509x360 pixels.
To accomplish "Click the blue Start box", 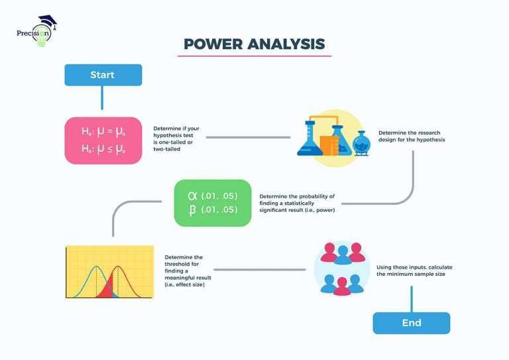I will point(103,75).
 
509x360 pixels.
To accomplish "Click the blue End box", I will point(411,323).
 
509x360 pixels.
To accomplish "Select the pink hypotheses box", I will point(103,141).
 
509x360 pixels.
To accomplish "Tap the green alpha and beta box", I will point(212,202).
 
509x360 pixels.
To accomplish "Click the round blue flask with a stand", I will point(361,142).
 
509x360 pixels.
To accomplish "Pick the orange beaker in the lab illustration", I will point(327,144).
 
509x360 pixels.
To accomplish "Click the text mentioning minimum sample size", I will point(408,269).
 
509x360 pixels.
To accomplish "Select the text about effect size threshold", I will point(184,270).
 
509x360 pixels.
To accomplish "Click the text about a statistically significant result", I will point(297,203).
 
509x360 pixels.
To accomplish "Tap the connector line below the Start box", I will point(102,97).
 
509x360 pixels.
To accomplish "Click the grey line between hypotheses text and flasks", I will point(248,137).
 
